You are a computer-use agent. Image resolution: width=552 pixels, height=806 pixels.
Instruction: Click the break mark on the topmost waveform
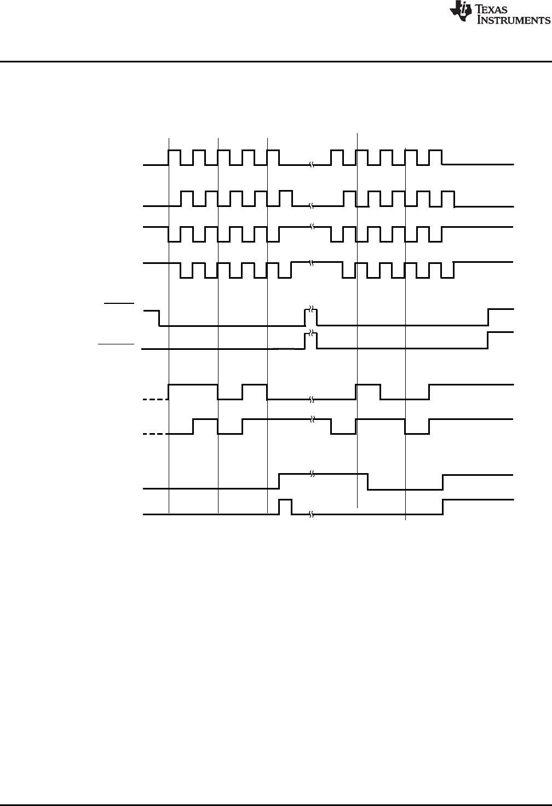coord(311,164)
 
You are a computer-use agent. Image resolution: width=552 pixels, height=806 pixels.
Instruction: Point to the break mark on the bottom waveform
coord(311,514)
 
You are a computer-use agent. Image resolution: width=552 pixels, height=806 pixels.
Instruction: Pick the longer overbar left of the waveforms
coord(116,344)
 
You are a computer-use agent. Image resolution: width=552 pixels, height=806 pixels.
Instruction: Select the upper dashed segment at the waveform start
coord(155,400)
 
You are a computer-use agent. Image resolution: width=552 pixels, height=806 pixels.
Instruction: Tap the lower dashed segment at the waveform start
coord(155,434)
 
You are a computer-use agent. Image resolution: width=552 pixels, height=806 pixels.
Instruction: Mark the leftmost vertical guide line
coord(169,329)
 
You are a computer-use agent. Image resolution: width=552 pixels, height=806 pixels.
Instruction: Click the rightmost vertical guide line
coord(405,329)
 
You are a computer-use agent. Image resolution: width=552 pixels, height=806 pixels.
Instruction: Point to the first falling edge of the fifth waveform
coord(159,318)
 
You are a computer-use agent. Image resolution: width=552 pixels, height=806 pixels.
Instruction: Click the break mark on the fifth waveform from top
coord(311,310)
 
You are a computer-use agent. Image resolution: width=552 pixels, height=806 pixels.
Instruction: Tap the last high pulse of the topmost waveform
coord(435,157)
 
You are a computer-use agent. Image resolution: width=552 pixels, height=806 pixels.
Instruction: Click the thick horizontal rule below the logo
coord(276,61)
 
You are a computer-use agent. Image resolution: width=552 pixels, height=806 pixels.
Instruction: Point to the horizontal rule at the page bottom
coord(276,805)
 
